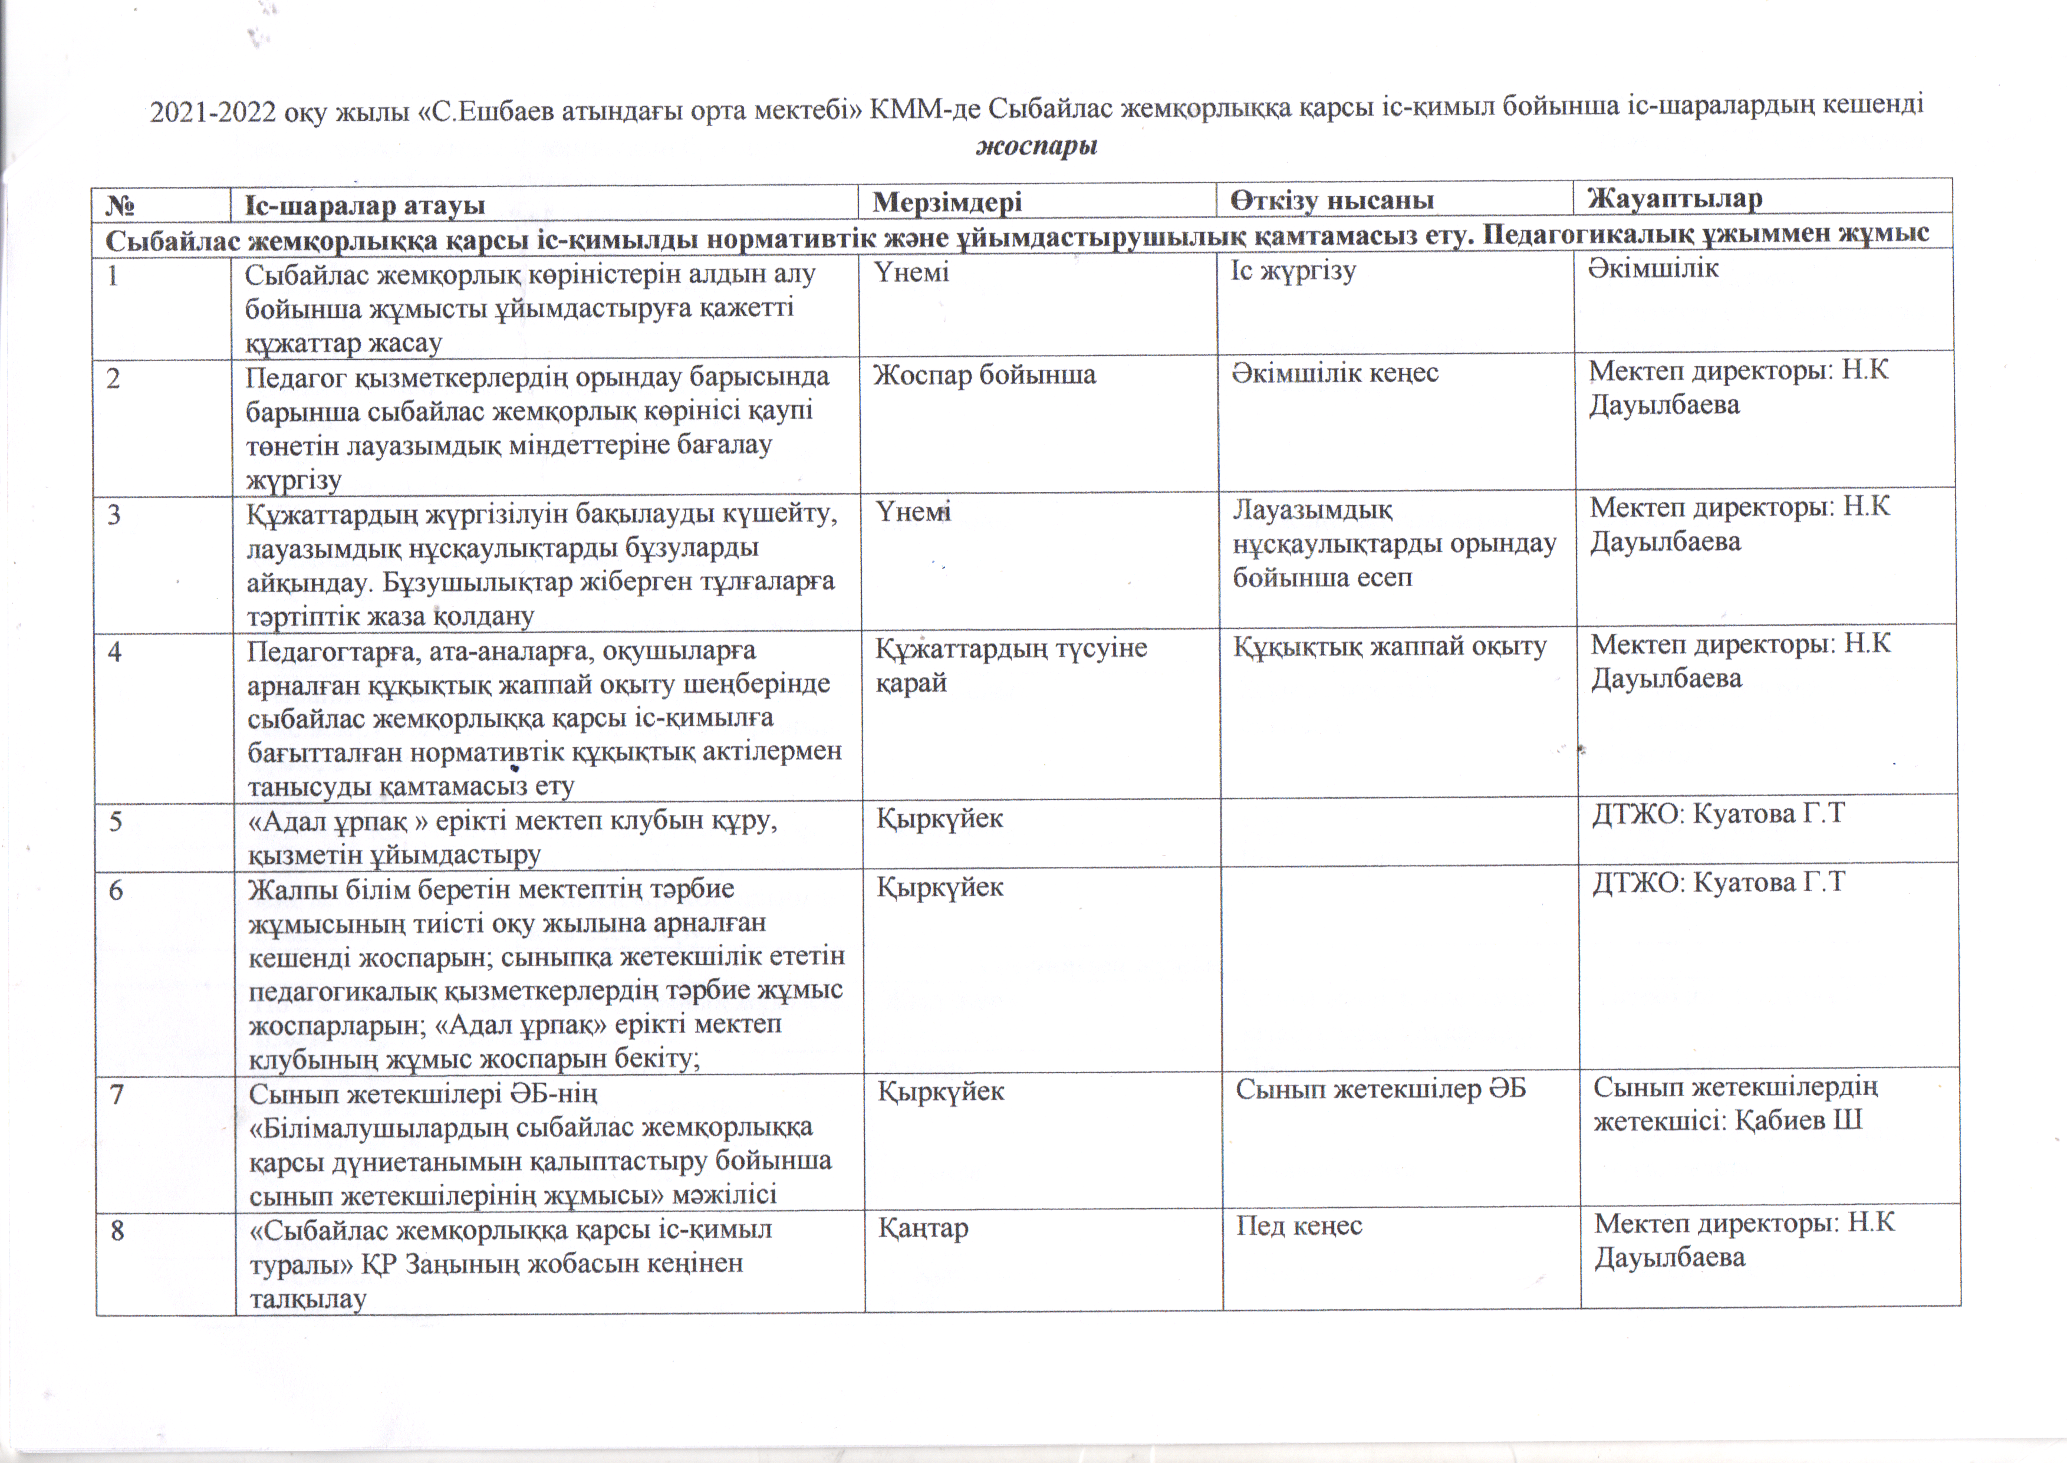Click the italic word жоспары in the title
[x=1036, y=146]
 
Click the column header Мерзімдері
[x=947, y=202]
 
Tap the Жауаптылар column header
[x=1674, y=198]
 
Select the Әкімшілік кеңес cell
[x=1335, y=372]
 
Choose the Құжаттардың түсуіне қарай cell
[x=1011, y=664]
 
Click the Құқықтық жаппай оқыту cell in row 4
[x=1389, y=646]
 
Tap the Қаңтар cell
[x=923, y=1228]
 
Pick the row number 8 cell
[x=117, y=1231]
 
